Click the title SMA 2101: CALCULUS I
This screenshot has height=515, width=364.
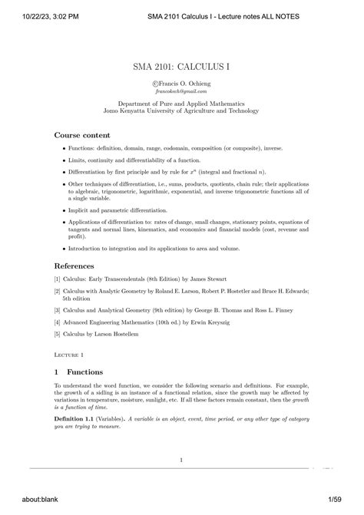(x=181, y=68)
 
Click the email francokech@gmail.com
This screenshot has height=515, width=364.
(x=181, y=91)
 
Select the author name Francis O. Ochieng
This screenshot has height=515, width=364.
(x=184, y=82)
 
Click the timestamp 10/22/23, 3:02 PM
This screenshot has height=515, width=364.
(x=40, y=18)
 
